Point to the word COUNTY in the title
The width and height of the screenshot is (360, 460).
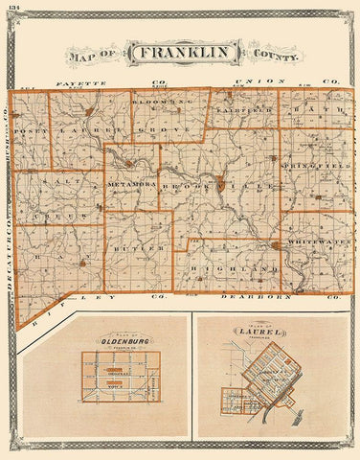(273, 56)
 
